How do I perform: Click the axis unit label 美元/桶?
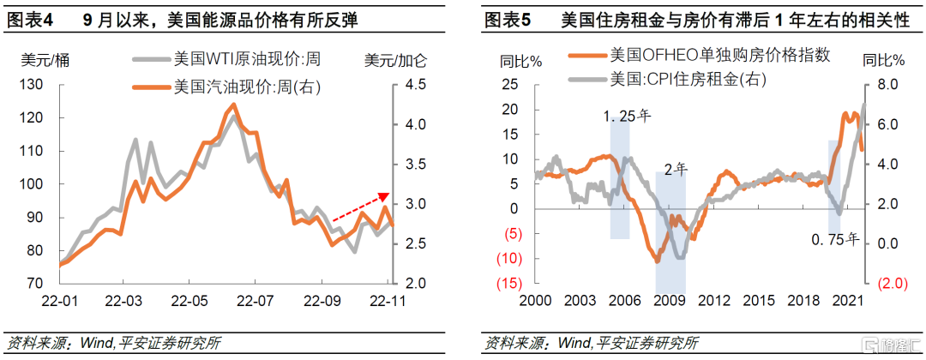point(43,60)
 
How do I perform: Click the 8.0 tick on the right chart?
point(887,84)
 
